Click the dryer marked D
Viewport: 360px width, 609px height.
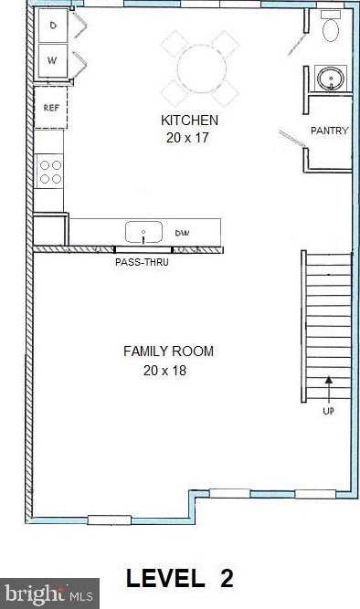[x=53, y=26]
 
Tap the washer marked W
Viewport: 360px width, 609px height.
[x=53, y=62]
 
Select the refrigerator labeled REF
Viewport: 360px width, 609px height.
[x=51, y=107]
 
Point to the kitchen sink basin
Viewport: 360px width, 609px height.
[x=143, y=232]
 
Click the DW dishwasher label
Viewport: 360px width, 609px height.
[x=182, y=234]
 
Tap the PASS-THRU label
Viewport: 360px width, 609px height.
[x=142, y=262]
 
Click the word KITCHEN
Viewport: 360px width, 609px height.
[x=189, y=121]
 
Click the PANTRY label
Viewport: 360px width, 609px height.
[x=329, y=131]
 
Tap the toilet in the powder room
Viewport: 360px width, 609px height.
[x=331, y=29]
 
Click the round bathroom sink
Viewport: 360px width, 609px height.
[x=327, y=79]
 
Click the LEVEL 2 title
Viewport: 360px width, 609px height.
[x=180, y=578]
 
